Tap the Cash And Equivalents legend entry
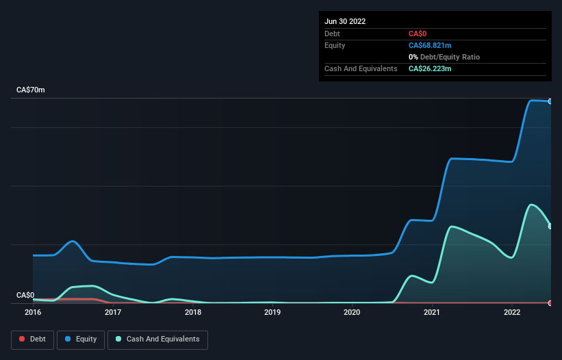(x=157, y=339)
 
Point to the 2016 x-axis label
(x=33, y=313)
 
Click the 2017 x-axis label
(x=113, y=313)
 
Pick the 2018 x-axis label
(x=193, y=313)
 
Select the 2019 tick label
(x=272, y=313)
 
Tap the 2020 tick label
(x=352, y=313)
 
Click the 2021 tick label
(x=432, y=313)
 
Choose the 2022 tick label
(x=512, y=313)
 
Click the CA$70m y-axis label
(x=31, y=90)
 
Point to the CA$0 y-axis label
(x=25, y=295)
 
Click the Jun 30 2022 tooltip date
(x=345, y=21)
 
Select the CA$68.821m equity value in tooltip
(x=430, y=45)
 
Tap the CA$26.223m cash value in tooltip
(x=430, y=69)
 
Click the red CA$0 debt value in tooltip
(x=418, y=34)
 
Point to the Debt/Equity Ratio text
(x=447, y=57)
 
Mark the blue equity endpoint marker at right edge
(x=550, y=101)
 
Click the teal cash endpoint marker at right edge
(x=550, y=226)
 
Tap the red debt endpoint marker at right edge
(x=550, y=303)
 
